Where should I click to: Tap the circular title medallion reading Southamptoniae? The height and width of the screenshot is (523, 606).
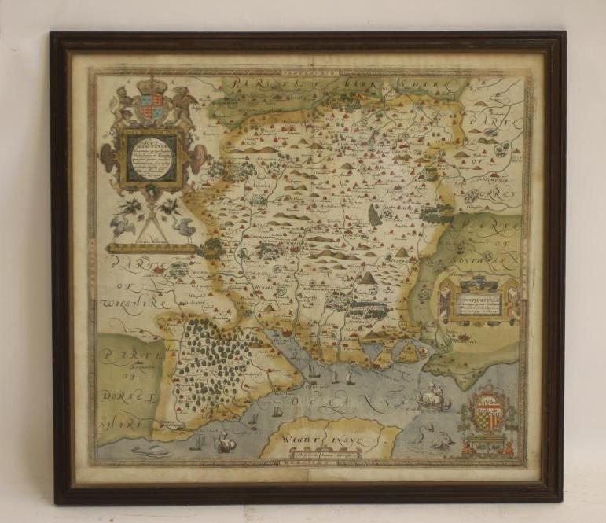152,157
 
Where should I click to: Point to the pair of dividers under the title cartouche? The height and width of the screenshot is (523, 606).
151,221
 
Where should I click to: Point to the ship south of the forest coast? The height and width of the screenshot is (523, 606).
225,442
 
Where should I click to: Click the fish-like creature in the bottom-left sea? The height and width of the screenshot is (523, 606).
149,451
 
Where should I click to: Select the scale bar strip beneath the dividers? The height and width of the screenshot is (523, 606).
152,248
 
